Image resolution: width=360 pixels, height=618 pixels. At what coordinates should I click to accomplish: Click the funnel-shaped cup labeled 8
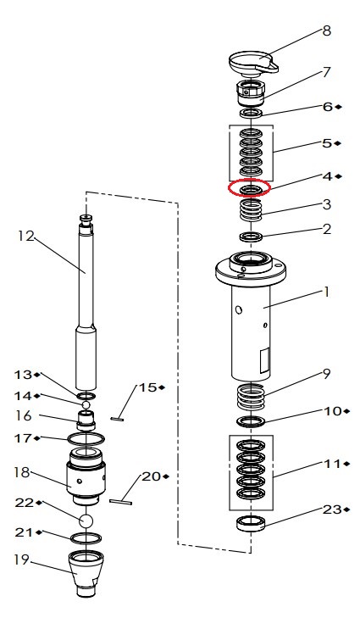[253, 64]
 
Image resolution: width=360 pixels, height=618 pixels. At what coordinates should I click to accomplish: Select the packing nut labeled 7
[251, 93]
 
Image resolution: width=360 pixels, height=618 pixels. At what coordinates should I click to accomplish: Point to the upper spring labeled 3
[251, 209]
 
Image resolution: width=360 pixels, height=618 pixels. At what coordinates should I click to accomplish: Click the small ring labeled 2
[251, 237]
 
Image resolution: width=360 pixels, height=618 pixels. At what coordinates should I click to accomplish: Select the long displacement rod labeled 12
[86, 302]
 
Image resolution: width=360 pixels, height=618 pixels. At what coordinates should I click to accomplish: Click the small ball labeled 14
[86, 404]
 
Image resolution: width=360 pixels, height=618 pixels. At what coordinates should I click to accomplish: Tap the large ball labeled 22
[86, 521]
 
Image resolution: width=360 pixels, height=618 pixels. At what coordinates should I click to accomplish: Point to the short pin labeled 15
[118, 419]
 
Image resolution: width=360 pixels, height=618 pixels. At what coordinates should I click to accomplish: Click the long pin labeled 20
[121, 502]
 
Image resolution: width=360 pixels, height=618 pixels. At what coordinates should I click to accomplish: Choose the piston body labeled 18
[86, 476]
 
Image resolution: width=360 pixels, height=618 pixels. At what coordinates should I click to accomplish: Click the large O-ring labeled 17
[86, 438]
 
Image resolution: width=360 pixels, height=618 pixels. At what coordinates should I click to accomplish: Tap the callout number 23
[332, 509]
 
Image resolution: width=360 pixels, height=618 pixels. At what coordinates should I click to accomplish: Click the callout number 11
[332, 464]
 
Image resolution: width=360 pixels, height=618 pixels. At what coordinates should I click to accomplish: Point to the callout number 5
[327, 143]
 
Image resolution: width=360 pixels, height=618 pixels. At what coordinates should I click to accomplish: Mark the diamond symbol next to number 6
[339, 107]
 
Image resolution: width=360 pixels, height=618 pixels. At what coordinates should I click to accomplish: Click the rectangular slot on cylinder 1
[264, 359]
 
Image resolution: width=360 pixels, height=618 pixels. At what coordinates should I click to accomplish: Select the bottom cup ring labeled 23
[251, 523]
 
